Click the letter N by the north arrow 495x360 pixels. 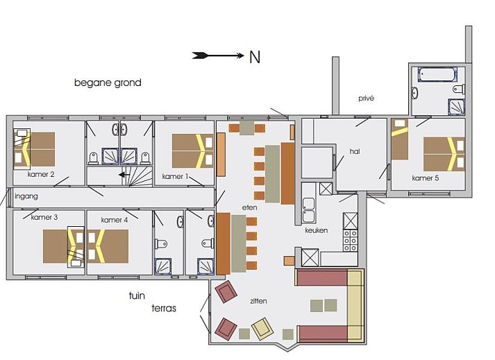coord(255,57)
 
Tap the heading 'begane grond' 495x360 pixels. coord(108,83)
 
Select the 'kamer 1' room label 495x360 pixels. coord(174,176)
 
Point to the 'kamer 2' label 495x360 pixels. coord(41,174)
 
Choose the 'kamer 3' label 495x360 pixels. coord(44,217)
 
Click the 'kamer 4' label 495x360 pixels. coord(115,220)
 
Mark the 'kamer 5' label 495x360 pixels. coord(426,178)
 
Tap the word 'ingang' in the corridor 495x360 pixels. coord(26,196)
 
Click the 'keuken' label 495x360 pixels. coord(317,230)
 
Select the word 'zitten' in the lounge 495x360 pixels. coord(258,301)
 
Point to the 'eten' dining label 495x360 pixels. coord(249,207)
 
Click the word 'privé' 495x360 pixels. coord(366,98)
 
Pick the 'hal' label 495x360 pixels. coord(355,151)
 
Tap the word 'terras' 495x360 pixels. coord(164,308)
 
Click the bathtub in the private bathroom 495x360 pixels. coord(437,74)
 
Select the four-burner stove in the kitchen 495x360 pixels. coord(351,240)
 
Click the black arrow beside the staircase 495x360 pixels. coord(124,175)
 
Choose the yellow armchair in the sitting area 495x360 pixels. coord(262,329)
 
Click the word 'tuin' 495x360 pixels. coord(137,295)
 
